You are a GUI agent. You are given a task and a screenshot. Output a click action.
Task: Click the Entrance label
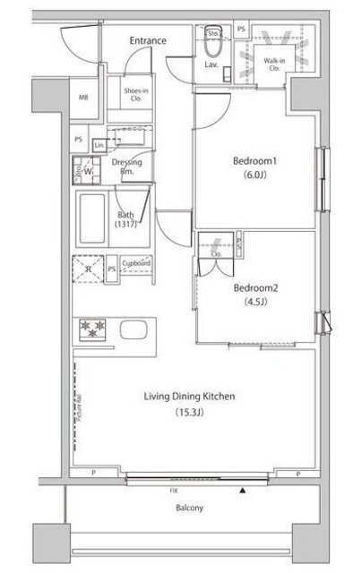click(147, 40)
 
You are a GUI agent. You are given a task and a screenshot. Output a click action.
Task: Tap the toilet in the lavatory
click(214, 45)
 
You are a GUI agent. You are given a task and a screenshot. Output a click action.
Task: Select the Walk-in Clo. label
click(274, 64)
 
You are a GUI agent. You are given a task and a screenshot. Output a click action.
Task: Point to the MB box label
click(82, 98)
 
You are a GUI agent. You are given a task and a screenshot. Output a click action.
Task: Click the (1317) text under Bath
click(126, 225)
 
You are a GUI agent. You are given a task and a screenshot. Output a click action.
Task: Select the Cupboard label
click(136, 264)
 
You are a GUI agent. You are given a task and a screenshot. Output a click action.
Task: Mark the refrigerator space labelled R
click(87, 268)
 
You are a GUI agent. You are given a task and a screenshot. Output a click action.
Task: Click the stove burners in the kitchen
click(93, 329)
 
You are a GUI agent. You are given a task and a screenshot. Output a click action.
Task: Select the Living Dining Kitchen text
click(190, 397)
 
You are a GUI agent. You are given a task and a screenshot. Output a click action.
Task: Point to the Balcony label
click(188, 508)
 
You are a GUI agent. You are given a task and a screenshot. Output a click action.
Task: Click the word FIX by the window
click(173, 491)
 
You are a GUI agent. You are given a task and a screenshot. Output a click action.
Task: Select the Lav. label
click(212, 65)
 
